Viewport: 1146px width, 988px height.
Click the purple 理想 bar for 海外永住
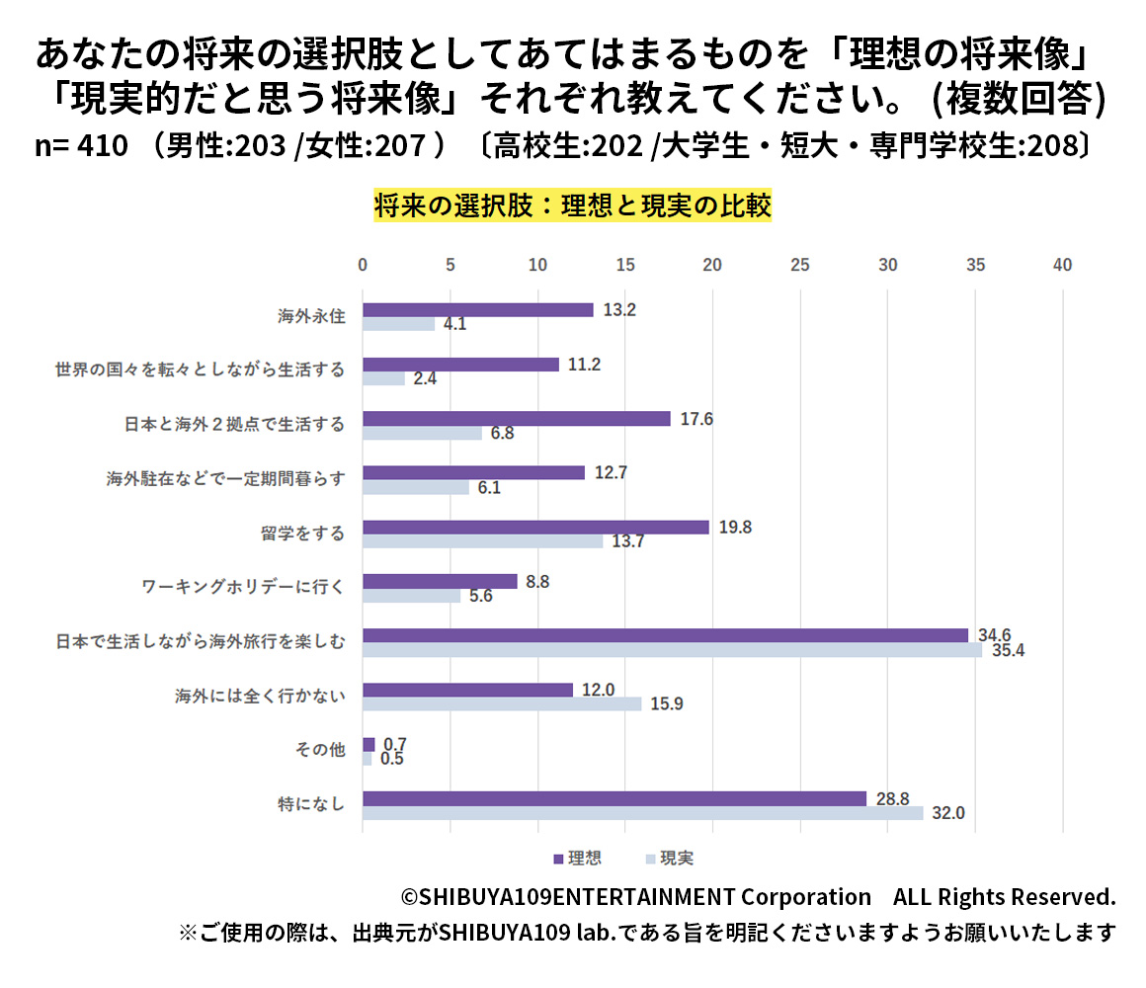(477, 309)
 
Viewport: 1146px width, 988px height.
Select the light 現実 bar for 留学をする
(482, 541)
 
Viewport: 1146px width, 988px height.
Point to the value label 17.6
(696, 419)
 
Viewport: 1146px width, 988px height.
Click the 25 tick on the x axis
(800, 266)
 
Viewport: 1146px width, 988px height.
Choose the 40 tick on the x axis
(1062, 266)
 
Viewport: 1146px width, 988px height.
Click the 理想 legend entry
(577, 859)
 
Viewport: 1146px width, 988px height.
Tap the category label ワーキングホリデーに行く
(243, 588)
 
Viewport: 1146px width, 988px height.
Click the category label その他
(320, 750)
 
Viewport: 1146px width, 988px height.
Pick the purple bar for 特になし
(614, 798)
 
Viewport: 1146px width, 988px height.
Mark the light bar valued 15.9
(502, 704)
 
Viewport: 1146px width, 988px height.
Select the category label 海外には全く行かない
(260, 697)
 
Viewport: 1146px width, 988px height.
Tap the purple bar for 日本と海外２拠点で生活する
(516, 418)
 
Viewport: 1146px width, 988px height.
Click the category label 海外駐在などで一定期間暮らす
(225, 479)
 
